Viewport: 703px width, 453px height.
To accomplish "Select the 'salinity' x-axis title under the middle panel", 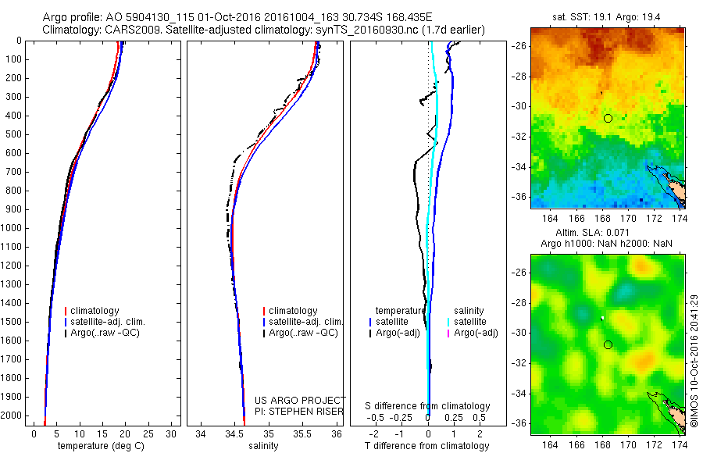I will coord(263,446).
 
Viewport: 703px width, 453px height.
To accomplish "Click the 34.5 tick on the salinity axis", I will coord(234,433).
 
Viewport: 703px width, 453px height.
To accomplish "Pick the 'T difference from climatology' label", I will coord(427,446).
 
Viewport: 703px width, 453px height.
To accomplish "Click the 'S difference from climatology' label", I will coord(427,406).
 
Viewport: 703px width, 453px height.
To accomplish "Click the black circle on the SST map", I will coord(608,118).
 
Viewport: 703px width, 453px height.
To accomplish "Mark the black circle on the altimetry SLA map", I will coord(608,344).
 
